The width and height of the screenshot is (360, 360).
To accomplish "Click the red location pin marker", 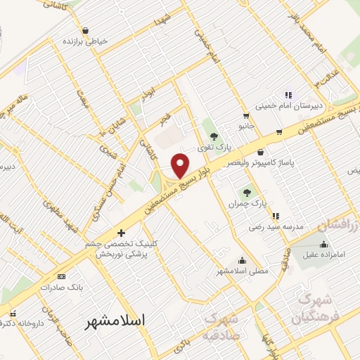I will point(181,165).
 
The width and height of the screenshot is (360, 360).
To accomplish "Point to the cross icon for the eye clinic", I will point(121,232).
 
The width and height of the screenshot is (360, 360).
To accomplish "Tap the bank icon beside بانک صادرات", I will point(61,276).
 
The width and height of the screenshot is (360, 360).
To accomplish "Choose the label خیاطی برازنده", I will point(86,41).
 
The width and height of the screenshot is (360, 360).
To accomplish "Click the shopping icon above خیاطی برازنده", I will point(86,30).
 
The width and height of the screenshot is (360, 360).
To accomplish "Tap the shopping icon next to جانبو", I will point(245,116).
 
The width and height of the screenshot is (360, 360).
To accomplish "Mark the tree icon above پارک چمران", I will point(246,192).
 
